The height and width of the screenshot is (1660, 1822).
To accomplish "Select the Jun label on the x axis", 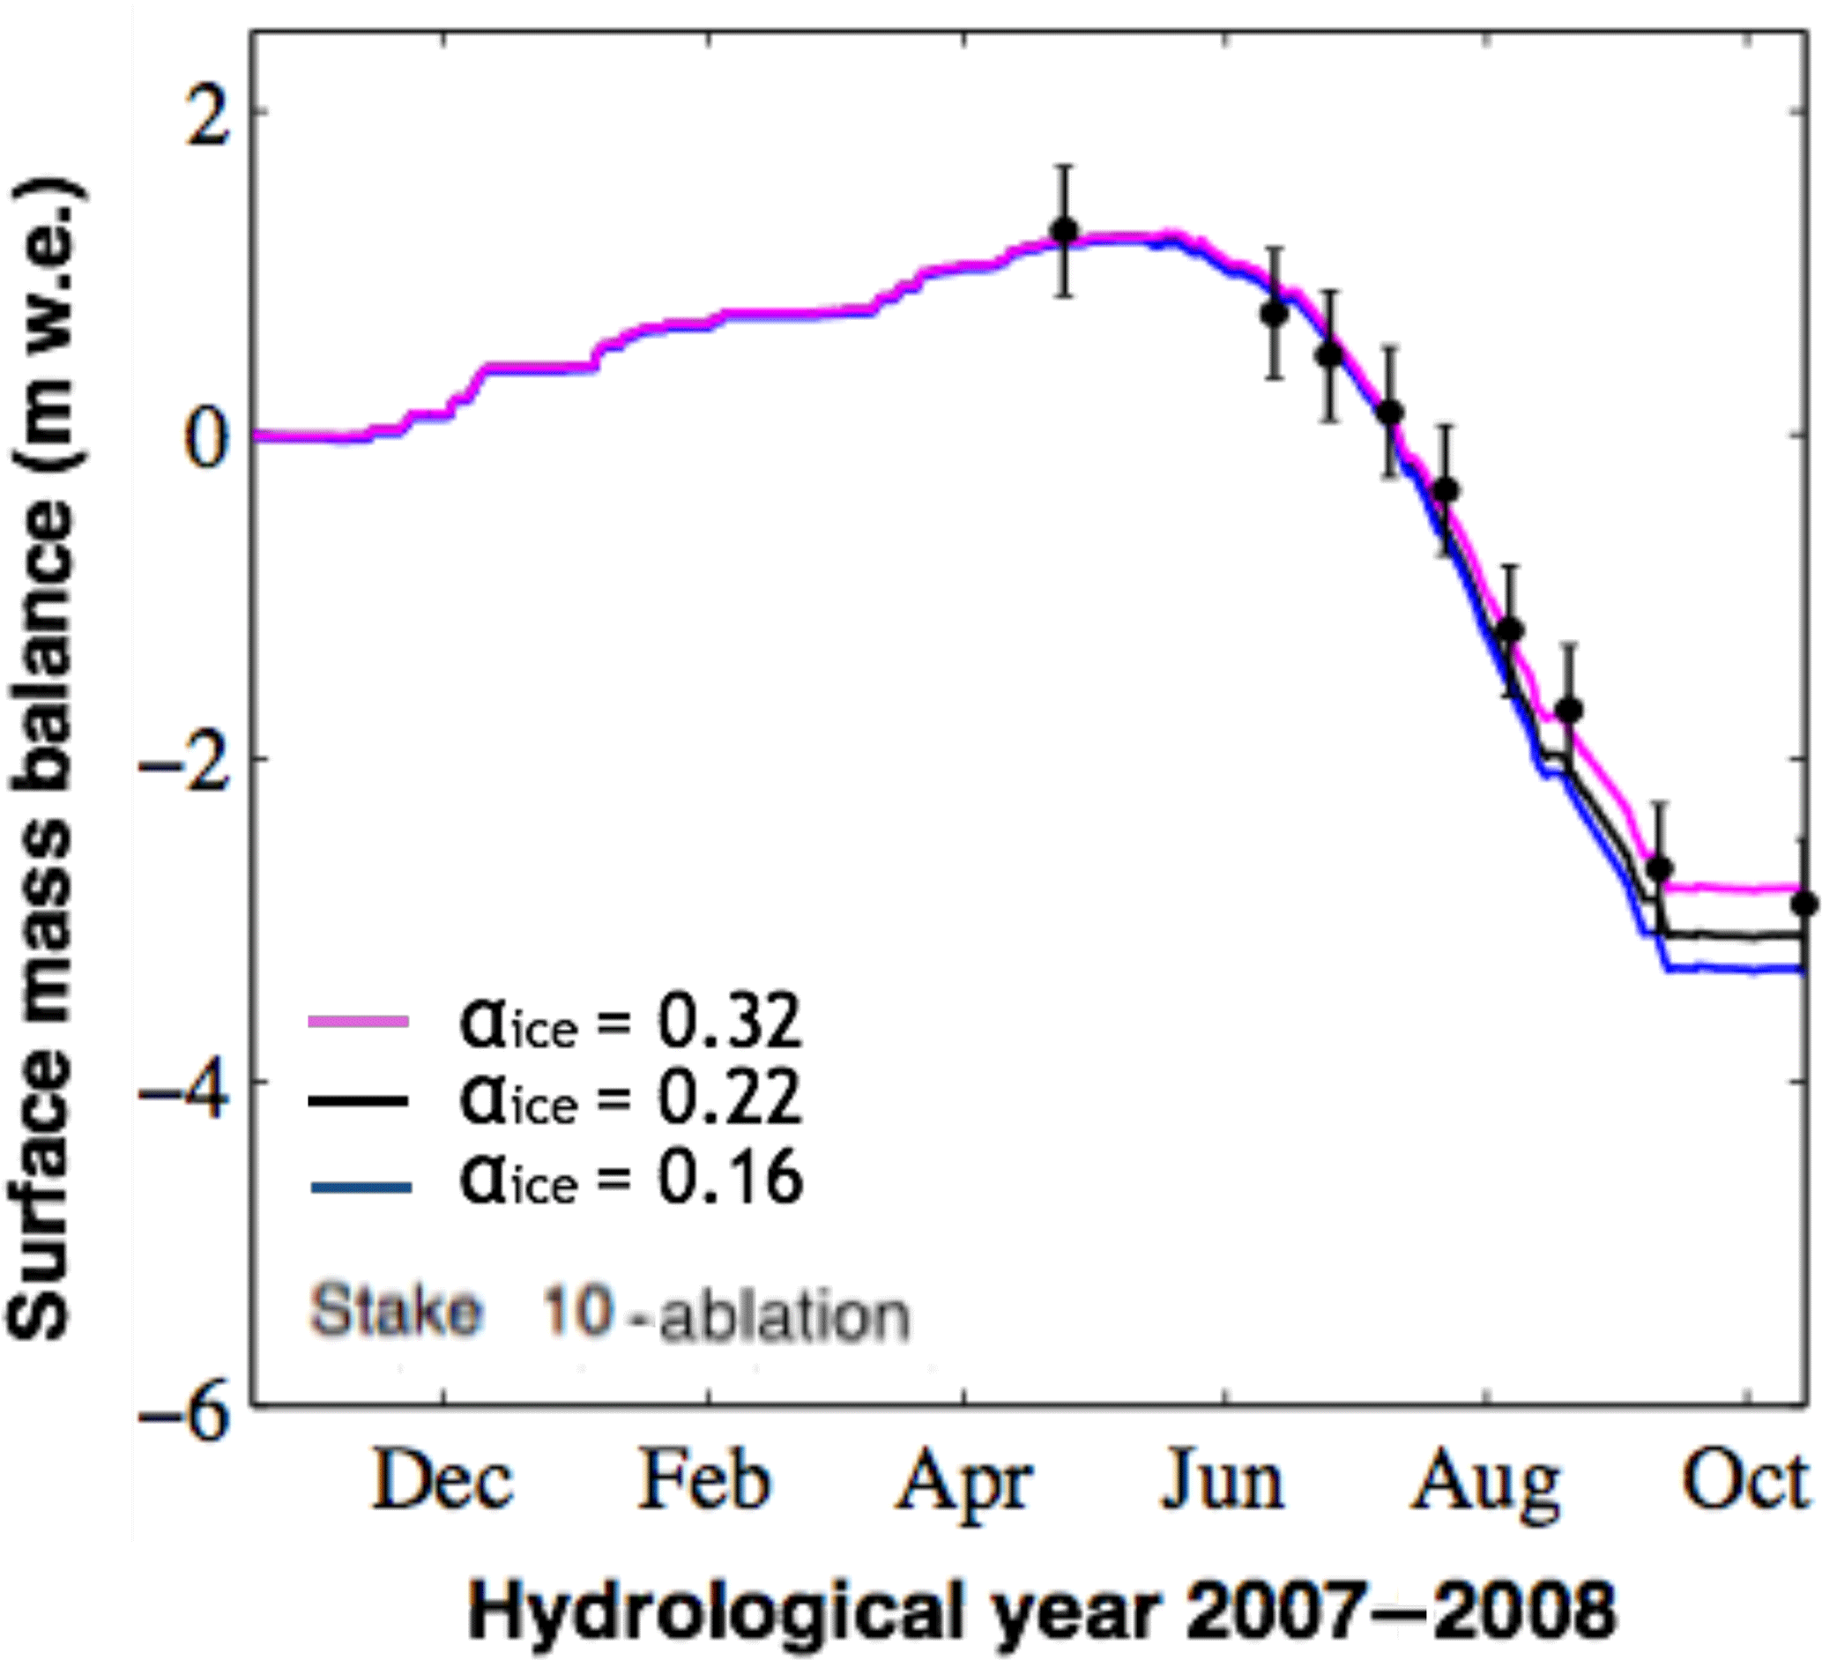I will point(1222,1484).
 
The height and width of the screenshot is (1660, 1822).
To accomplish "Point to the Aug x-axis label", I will point(1484,1485).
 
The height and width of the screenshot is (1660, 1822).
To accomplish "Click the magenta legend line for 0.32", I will point(359,1022).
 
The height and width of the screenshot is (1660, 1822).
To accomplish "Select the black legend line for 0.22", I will point(359,1099).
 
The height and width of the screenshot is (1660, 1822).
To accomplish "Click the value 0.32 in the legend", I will point(728,1021).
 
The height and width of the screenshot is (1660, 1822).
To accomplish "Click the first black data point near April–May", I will point(1066,231).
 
